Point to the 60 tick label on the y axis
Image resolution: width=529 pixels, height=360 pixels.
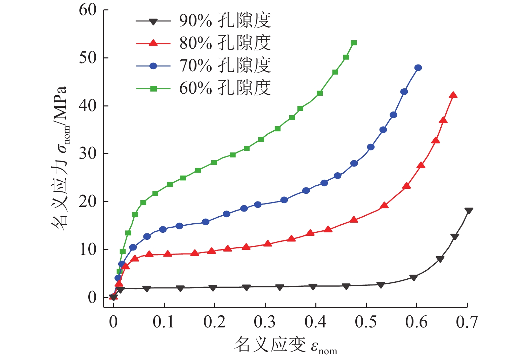(x=88, y=10)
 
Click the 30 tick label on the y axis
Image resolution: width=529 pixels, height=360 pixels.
(x=88, y=154)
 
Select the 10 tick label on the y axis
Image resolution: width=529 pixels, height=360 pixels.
(x=88, y=250)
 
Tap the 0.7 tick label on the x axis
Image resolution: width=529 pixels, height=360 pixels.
(x=467, y=322)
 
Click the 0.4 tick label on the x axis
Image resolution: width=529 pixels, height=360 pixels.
(x=315, y=322)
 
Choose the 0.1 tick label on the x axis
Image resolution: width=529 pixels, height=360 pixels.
(x=164, y=322)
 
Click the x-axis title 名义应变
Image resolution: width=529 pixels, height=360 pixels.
(x=285, y=345)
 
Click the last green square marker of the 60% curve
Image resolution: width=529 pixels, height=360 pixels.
(x=354, y=43)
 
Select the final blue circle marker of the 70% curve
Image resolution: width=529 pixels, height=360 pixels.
(x=418, y=68)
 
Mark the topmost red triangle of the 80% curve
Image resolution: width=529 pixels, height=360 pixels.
(x=453, y=95)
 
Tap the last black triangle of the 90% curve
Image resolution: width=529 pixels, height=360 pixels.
(x=469, y=211)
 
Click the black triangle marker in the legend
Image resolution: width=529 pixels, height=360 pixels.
(x=153, y=21)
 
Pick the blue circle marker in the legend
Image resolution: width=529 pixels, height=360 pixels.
(x=153, y=66)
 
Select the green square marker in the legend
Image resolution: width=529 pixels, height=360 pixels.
(x=153, y=88)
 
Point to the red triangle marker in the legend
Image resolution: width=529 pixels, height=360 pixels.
(x=153, y=43)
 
